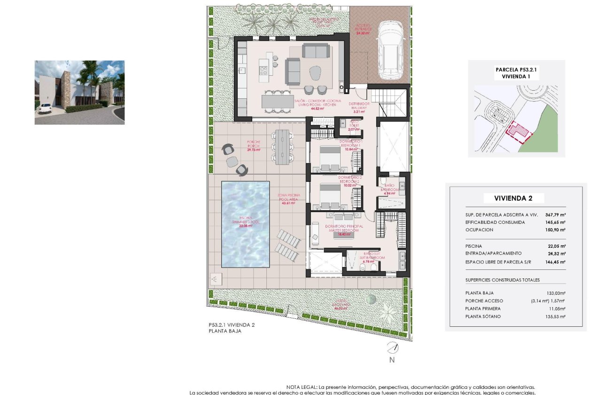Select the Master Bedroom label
point(344,228)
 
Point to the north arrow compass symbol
point(392,348)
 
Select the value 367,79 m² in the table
point(555,214)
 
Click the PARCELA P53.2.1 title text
point(516,69)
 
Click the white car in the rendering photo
point(45,109)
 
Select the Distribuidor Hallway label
point(360,105)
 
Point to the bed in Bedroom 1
point(330,159)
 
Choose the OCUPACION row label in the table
point(480,230)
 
